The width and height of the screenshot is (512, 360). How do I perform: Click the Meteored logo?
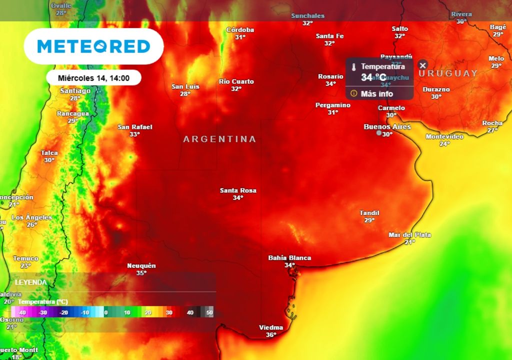93,46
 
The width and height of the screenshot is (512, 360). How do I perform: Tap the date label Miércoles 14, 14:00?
93,78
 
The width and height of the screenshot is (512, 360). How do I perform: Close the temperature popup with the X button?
422,65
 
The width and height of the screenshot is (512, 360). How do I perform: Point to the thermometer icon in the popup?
353,67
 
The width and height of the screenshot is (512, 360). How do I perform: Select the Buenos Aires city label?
387,127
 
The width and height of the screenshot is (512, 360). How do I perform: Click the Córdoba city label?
240,30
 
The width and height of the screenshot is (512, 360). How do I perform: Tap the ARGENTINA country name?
219,139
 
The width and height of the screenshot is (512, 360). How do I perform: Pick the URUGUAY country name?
448,73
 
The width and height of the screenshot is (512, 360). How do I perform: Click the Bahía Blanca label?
289,258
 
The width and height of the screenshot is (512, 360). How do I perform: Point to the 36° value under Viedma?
271,335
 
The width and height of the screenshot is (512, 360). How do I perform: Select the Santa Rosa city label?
238,190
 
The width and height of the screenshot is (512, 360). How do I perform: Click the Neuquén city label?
141,265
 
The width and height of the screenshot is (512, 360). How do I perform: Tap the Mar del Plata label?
409,235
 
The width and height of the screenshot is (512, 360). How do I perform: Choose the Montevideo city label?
444,136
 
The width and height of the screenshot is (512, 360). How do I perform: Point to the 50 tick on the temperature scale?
209,312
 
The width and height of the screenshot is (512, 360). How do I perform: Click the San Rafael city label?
135,127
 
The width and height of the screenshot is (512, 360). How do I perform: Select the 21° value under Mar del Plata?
409,242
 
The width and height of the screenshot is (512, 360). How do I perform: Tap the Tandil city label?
369,213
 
